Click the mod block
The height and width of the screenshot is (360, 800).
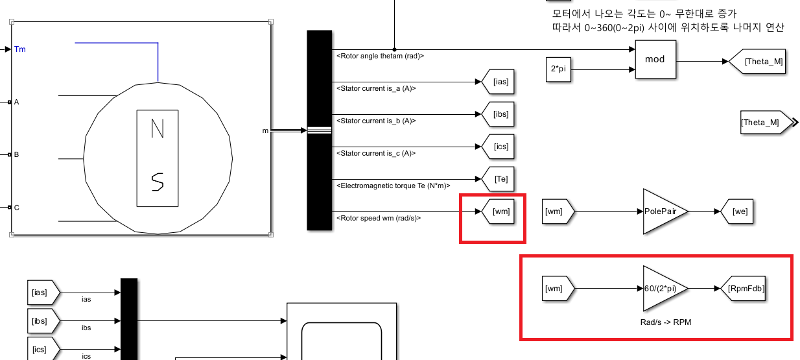pos(655,59)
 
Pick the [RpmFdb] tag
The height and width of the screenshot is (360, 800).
pos(744,288)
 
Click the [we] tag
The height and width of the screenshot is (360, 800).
pos(739,211)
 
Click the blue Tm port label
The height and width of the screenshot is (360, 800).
pos(20,49)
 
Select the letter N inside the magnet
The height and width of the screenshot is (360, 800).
pos(158,130)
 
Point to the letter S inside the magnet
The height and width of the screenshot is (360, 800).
pos(158,182)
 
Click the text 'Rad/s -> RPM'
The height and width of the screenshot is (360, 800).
pos(661,321)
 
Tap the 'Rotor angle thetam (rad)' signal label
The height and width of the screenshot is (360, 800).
pos(380,56)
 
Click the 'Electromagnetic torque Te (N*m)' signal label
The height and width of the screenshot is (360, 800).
pos(394,186)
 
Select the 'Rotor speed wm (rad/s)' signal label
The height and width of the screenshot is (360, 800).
pos(379,218)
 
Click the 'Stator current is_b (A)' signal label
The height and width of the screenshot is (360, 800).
pos(376,121)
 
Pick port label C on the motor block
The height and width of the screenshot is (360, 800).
pos(17,208)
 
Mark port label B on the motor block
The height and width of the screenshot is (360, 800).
pos(17,155)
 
